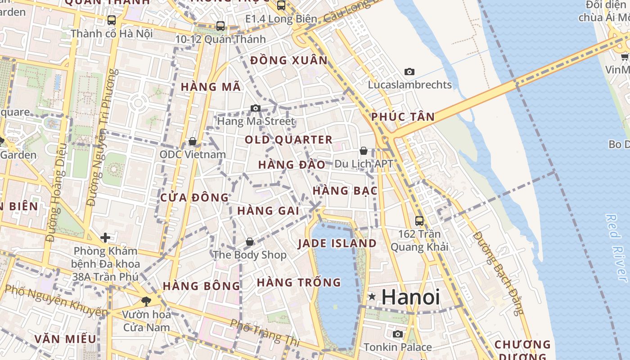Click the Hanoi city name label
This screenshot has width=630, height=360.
pos(410,297)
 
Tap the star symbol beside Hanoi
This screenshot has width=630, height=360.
pos(372,297)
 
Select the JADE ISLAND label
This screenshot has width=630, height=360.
pos(337,243)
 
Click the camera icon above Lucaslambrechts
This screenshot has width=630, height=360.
pos(409,72)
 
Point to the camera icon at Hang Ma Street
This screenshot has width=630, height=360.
pos(255,108)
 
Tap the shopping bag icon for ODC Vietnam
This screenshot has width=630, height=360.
pos(193,141)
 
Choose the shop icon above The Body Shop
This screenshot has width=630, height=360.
pos(250,242)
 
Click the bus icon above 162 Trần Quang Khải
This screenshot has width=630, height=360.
pos(419,220)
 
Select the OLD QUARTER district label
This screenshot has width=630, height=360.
pos(288,140)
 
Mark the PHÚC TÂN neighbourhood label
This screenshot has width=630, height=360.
pos(403,117)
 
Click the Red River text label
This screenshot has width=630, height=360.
pos(616,248)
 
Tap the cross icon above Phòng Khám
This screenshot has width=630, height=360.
pos(105,237)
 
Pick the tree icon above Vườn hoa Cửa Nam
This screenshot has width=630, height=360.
pos(146,301)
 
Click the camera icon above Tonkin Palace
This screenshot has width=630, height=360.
pos(397,334)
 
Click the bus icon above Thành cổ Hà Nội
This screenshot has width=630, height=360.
pos(111,20)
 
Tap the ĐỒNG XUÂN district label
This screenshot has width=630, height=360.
pos(289,60)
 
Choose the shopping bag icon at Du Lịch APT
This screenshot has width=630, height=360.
pos(363,151)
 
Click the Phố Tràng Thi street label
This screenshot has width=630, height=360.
pos(264,333)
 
